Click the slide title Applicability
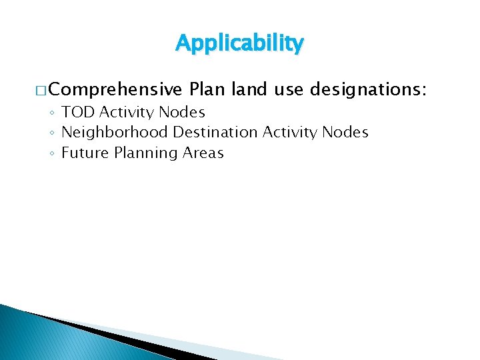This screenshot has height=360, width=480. [x=239, y=43]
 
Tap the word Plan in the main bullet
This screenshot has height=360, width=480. [x=207, y=89]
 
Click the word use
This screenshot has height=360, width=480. [x=287, y=89]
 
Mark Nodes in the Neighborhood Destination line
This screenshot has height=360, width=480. [x=345, y=133]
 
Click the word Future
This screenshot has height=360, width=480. [x=85, y=153]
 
